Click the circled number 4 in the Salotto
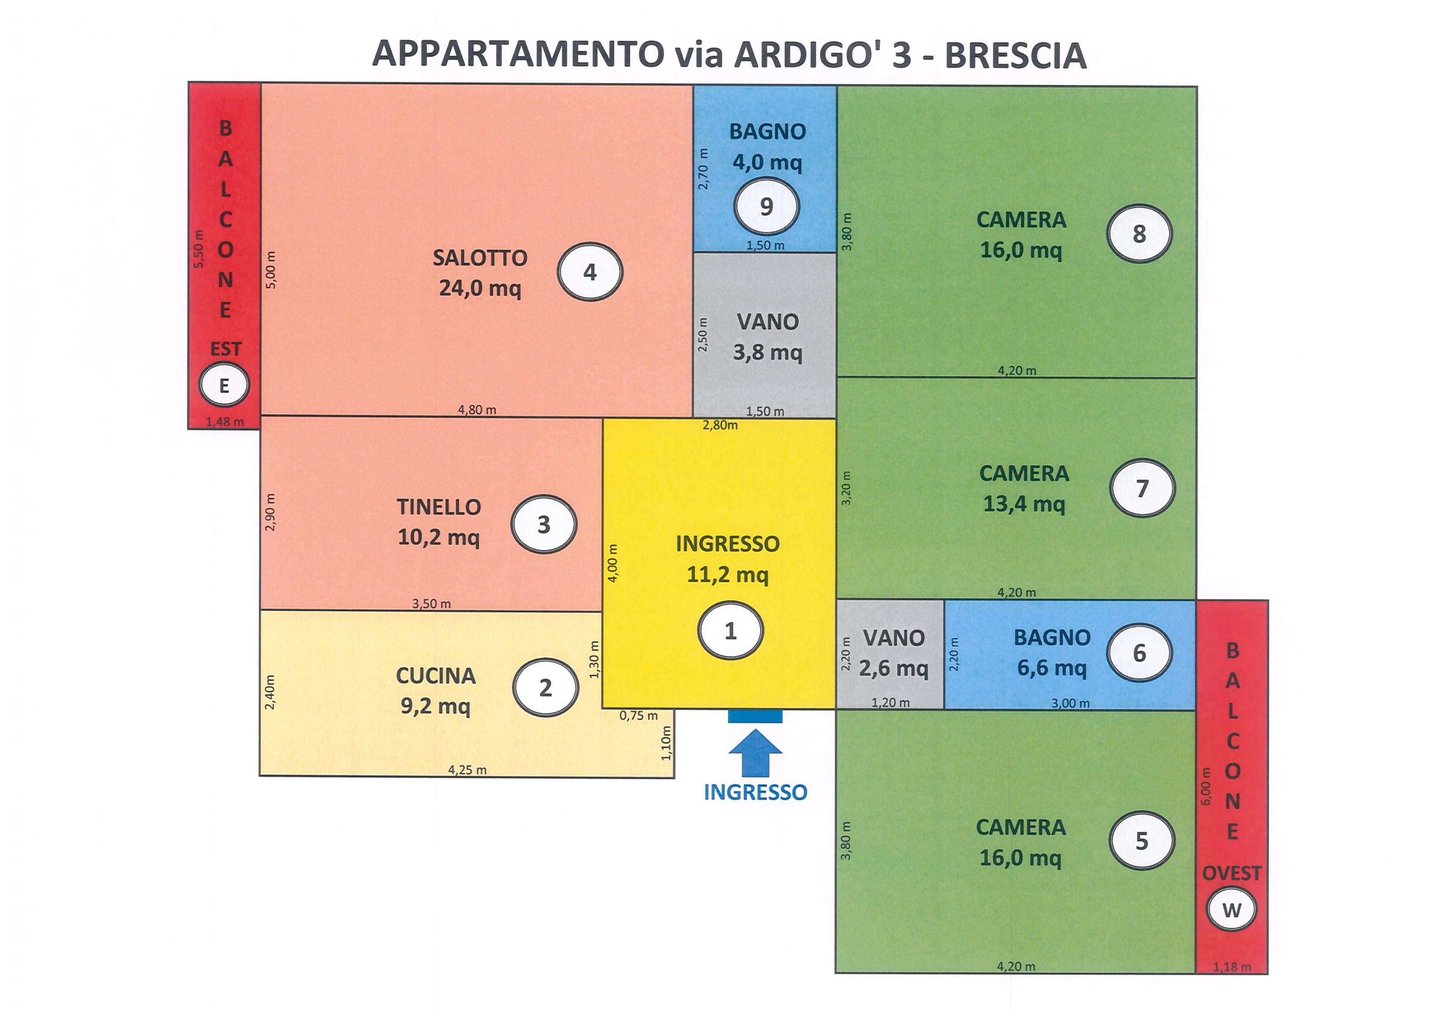tap(590, 272)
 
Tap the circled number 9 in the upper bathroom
tap(766, 206)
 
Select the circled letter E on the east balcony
tap(224, 385)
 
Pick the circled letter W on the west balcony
tap(1231, 909)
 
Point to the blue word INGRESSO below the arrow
tap(755, 792)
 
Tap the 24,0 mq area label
tap(480, 288)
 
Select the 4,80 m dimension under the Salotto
tap(477, 410)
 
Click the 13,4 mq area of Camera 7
tap(1024, 504)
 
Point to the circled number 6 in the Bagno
tap(1140, 652)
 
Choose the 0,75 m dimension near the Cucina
tap(638, 715)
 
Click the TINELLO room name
tap(439, 507)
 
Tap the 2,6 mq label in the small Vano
tap(894, 668)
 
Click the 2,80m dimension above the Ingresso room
tap(720, 425)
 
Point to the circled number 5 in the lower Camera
tap(1142, 841)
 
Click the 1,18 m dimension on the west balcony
tap(1232, 967)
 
